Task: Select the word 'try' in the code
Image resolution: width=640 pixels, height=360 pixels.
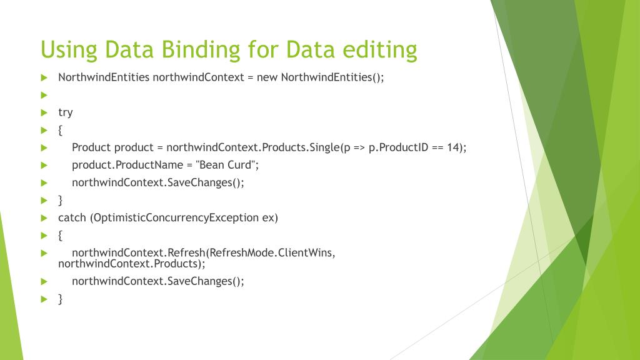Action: click(65, 112)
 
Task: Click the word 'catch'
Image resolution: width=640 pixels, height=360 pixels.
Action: click(72, 217)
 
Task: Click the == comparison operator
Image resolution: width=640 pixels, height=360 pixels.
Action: click(437, 147)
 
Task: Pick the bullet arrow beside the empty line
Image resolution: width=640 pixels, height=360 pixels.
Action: click(44, 95)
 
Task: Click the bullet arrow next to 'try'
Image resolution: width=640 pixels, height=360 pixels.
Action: click(44, 112)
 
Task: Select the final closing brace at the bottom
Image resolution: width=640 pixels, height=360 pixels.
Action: click(61, 299)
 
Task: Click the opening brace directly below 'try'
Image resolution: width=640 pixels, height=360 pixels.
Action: click(61, 130)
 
